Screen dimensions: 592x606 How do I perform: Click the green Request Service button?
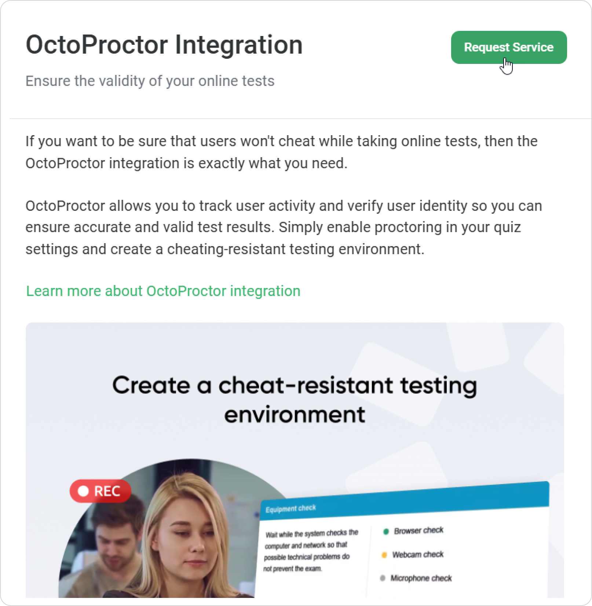pos(509,47)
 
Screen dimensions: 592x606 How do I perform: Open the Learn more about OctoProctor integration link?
pos(163,291)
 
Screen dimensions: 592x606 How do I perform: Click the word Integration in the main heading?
pos(239,45)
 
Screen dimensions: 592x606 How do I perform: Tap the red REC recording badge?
pos(100,491)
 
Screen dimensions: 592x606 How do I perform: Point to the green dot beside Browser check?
pos(385,532)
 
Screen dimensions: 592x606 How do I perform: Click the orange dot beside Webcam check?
pos(384,555)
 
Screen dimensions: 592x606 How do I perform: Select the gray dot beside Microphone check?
pos(383,578)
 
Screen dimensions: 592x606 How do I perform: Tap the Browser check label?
pos(419,531)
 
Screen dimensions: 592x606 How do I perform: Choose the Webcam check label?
pos(418,555)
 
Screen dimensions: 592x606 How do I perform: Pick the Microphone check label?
pos(421,578)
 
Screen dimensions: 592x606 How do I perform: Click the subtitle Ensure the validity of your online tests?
pos(150,81)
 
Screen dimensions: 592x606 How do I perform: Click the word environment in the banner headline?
pos(295,415)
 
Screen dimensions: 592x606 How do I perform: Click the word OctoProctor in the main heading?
pos(97,45)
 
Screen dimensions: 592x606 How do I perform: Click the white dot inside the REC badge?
pos(84,491)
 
